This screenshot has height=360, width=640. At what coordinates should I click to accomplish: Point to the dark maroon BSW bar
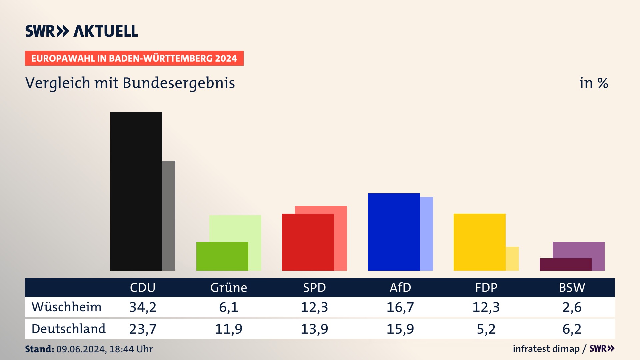pyautogui.click(x=565, y=264)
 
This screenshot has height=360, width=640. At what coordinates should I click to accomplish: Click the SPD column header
pyautogui.click(x=314, y=287)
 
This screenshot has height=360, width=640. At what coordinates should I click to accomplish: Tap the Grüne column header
pyautogui.click(x=229, y=287)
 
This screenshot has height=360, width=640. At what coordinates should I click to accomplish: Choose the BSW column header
pyautogui.click(x=572, y=287)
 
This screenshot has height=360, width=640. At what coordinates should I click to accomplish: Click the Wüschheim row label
pyautogui.click(x=67, y=307)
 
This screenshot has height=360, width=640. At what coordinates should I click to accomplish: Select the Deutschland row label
pyautogui.click(x=69, y=329)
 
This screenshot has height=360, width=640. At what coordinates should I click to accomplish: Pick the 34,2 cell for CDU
pyautogui.click(x=143, y=307)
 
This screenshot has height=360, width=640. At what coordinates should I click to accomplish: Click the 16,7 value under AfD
pyautogui.click(x=400, y=307)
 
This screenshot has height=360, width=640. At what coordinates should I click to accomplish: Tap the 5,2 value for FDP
pyautogui.click(x=486, y=329)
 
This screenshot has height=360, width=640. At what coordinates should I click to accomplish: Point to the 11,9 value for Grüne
pyautogui.click(x=229, y=329)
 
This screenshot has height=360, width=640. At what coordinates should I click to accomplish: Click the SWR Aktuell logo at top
pyautogui.click(x=82, y=31)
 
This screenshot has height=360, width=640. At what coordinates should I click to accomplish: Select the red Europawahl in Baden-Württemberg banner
pyautogui.click(x=134, y=58)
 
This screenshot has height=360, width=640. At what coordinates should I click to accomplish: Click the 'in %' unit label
pyautogui.click(x=594, y=83)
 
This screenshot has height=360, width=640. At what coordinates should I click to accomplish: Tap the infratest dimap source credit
pyautogui.click(x=546, y=349)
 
